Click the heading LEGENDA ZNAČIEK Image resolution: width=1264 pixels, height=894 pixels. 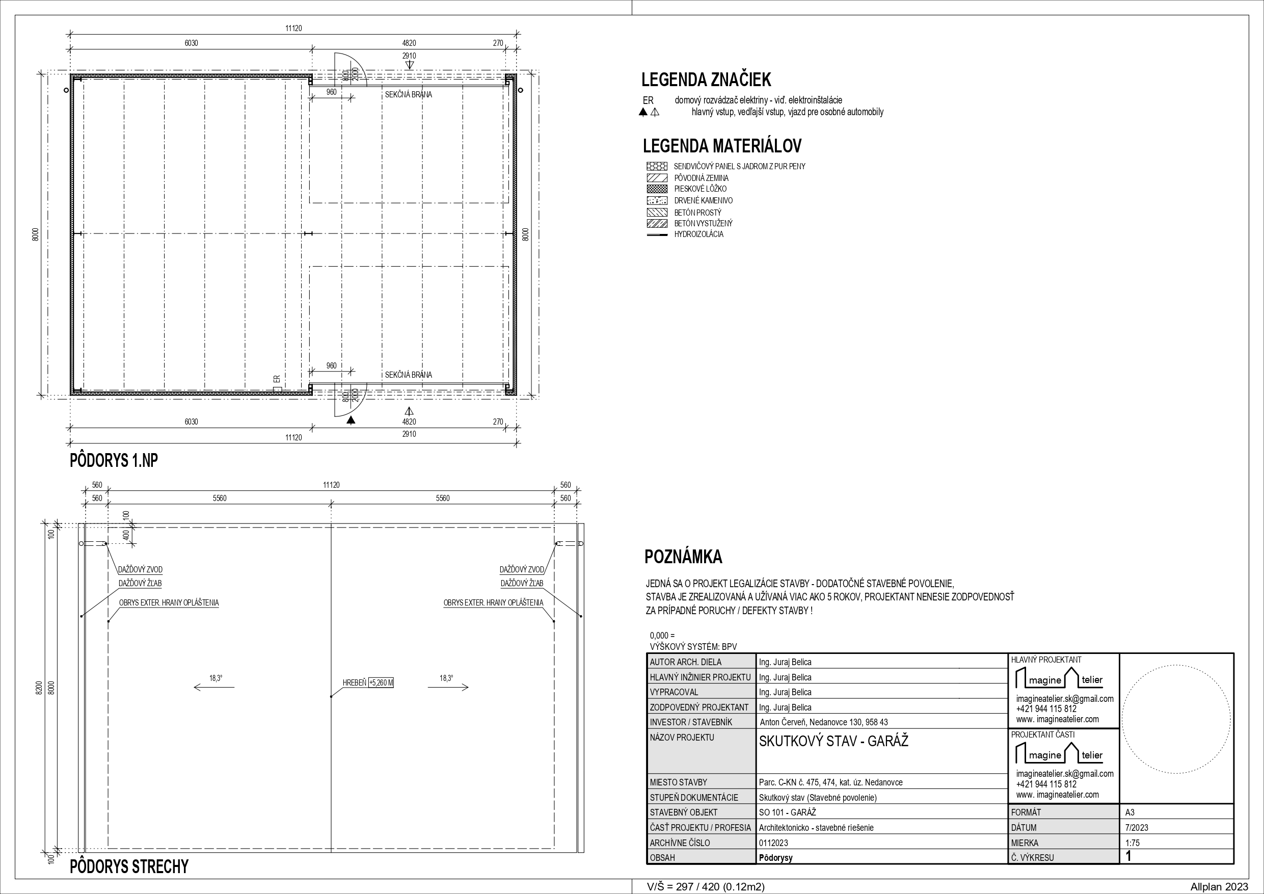706,80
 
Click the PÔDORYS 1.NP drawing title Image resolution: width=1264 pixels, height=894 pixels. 114,460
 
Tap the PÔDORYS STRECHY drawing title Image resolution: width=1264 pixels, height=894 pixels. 129,866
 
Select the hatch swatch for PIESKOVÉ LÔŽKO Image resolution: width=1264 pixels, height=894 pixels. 657,189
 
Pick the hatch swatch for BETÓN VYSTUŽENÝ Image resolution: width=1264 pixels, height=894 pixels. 657,224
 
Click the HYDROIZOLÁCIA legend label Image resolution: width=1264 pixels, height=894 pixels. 698,234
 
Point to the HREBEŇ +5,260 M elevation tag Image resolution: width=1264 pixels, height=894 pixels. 368,683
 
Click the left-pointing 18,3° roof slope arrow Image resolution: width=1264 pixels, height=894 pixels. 214,687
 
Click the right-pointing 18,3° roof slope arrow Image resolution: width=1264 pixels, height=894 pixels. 448,687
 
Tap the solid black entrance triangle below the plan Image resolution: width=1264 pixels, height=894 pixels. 351,420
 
